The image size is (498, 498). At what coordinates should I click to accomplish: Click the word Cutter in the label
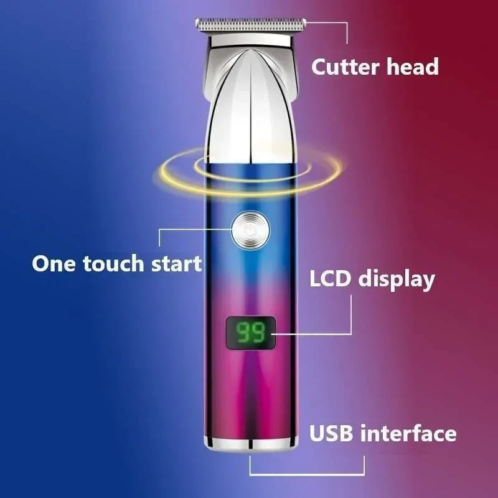click(x=345, y=67)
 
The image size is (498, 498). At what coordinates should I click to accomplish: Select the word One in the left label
click(x=54, y=263)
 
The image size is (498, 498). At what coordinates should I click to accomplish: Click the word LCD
click(x=331, y=278)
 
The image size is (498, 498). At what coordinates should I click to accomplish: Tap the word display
click(x=397, y=280)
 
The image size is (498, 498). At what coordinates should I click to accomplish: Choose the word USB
click(x=331, y=433)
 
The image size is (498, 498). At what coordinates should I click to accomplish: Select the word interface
click(x=408, y=433)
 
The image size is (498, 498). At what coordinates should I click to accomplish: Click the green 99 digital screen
click(x=251, y=332)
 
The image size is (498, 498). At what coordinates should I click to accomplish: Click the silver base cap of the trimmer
click(x=251, y=444)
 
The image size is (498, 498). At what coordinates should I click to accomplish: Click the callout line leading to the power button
click(x=178, y=229)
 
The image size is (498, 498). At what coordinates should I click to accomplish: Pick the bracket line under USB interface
click(x=307, y=474)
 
